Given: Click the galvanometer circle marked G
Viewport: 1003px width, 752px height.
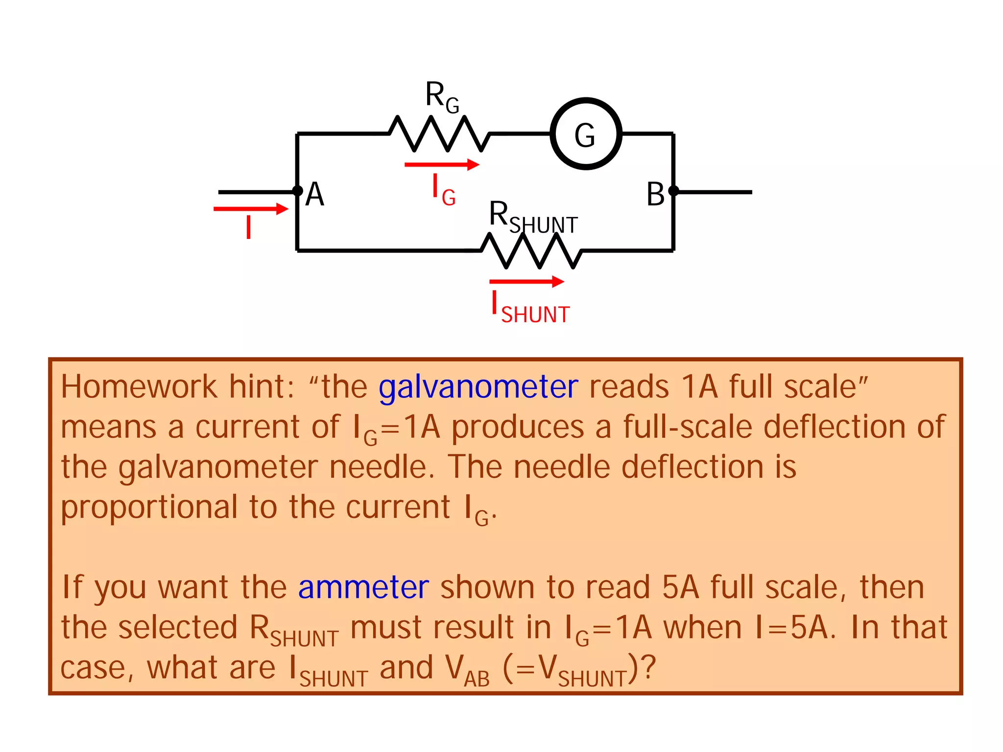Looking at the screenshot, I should [x=586, y=134].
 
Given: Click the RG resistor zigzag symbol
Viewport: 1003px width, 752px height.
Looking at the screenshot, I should [x=439, y=134].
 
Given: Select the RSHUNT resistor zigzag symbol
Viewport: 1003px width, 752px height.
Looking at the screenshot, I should [x=531, y=251].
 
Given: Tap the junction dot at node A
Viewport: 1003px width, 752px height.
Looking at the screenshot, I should [x=297, y=191].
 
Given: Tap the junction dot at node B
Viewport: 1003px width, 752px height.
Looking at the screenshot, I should [x=673, y=191].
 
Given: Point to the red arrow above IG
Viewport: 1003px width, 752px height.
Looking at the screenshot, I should [x=441, y=164].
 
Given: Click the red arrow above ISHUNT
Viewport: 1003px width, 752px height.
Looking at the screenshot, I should [x=526, y=282].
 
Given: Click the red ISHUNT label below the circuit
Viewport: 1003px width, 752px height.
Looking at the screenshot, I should [x=531, y=308].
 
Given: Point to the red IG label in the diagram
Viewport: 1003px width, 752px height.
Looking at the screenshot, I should [x=444, y=191].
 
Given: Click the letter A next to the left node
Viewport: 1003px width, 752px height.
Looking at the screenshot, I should [x=315, y=194].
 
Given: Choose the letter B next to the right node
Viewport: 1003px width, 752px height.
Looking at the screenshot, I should [x=655, y=194].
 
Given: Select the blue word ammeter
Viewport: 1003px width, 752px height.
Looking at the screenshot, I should [x=363, y=587].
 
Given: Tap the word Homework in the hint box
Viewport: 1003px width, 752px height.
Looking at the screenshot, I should [x=139, y=387].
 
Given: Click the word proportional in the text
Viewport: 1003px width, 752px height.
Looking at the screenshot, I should [x=149, y=508].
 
